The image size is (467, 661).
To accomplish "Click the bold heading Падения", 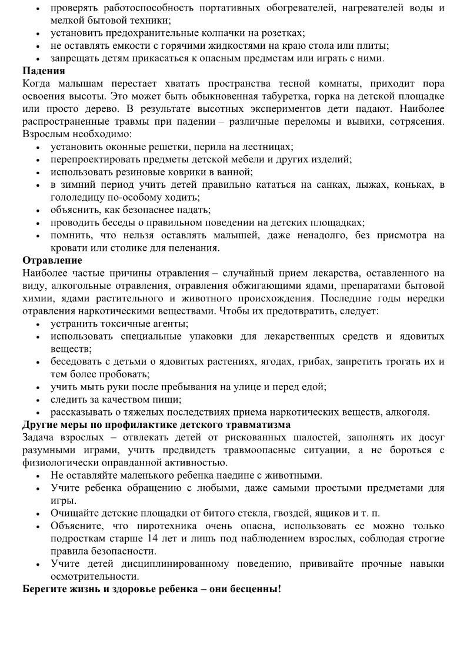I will point(44,71).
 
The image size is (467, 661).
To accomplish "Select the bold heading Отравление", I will point(52,260).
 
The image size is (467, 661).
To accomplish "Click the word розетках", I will point(281,34).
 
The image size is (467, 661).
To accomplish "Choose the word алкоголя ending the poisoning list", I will point(408,412).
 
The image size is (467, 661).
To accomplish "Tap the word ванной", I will point(235,172).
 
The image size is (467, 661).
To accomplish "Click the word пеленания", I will point(194,248).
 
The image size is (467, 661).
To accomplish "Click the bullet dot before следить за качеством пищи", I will point(38,400).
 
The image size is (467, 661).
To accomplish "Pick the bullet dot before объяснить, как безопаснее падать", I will point(38,210).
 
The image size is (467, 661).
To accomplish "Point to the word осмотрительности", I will point(94,576).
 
